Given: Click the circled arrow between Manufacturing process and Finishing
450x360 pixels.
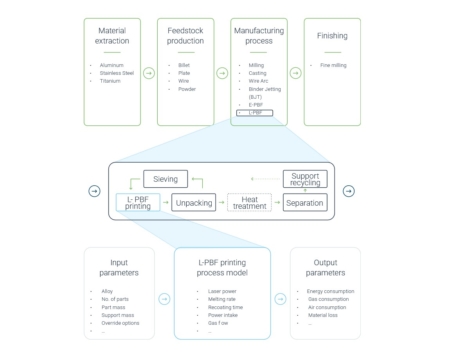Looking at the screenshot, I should (295, 72).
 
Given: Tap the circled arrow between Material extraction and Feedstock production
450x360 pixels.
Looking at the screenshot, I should (148, 72).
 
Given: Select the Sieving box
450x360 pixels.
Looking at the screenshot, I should (166, 179).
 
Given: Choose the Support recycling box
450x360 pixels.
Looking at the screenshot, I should (305, 179).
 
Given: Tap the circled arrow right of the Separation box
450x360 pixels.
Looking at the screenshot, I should (348, 191).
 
